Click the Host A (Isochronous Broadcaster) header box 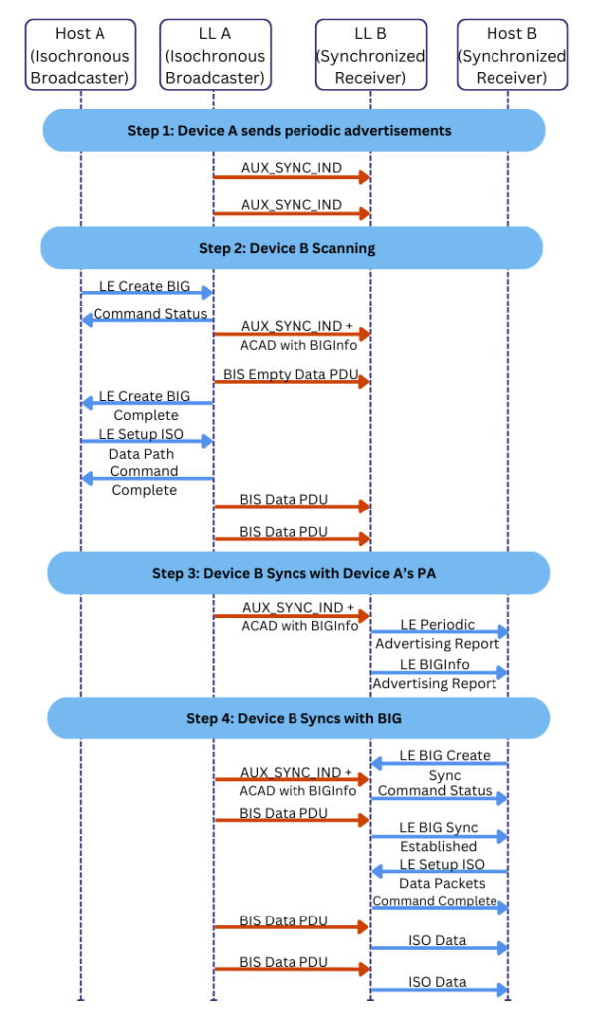point(79,55)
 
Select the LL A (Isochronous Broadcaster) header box point(215,55)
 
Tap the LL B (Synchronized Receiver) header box point(371,55)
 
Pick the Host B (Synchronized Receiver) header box point(511,55)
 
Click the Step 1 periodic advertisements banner point(293,130)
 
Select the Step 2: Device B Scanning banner point(293,248)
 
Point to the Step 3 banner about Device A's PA point(297,573)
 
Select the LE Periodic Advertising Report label point(438,634)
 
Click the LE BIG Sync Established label point(439,837)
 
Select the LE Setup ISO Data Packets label point(442,873)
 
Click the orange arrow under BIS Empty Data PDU point(292,382)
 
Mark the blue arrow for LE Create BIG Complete point(146,404)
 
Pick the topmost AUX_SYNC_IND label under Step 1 point(291,168)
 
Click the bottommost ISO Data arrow point(439,991)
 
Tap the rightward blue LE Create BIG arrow point(146,293)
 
